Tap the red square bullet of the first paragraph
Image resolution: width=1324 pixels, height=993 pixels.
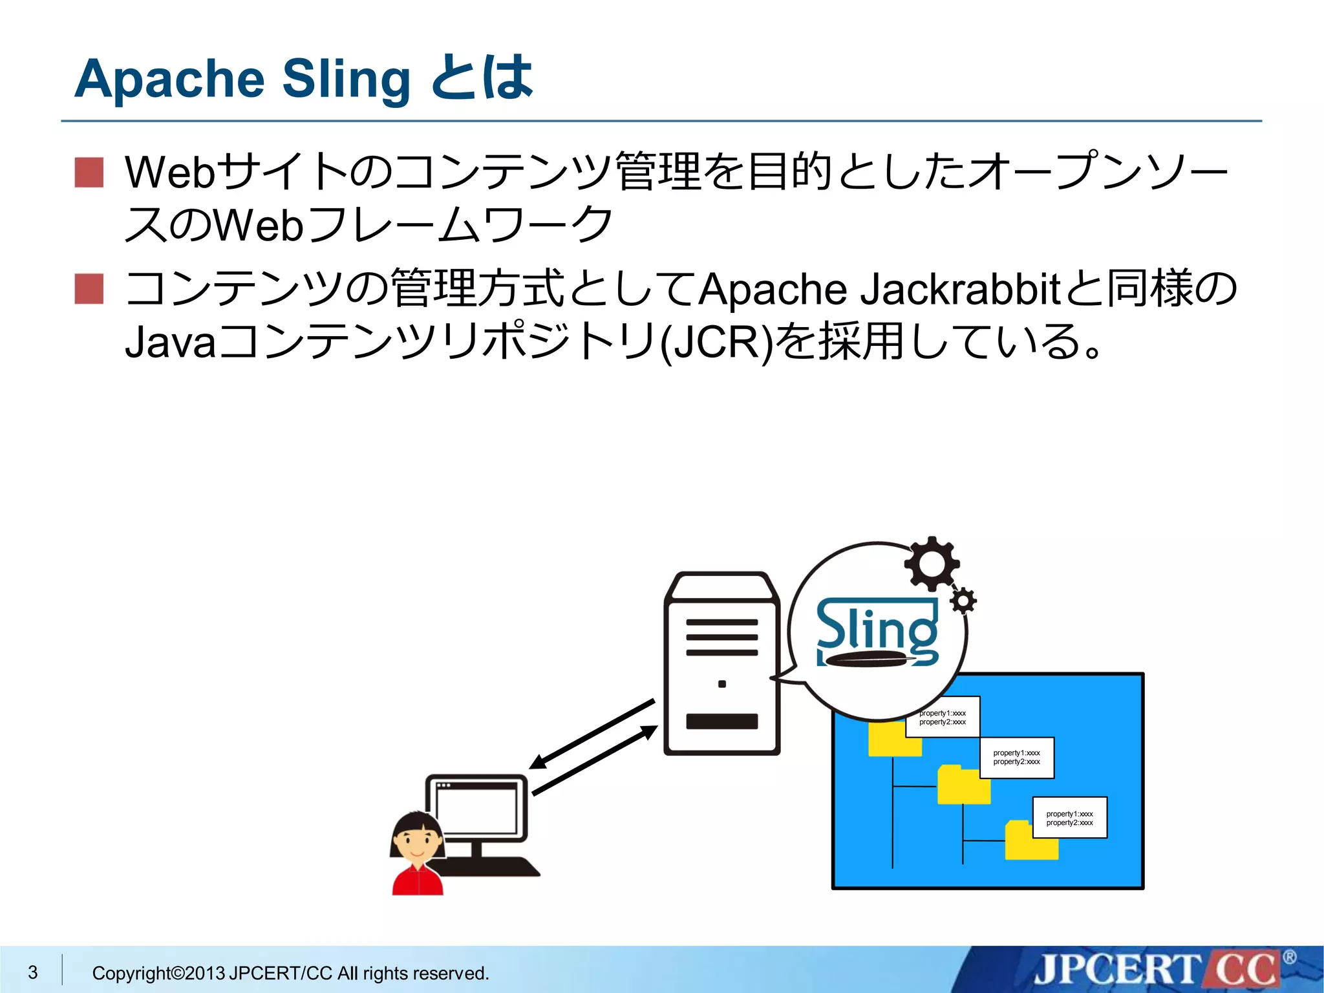(x=89, y=173)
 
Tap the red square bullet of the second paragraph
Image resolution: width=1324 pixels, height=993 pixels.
(x=89, y=288)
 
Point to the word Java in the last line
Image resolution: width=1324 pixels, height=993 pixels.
(x=169, y=342)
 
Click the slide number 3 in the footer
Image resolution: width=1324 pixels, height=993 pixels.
(x=33, y=972)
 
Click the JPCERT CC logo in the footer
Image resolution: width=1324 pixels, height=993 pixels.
(x=1157, y=970)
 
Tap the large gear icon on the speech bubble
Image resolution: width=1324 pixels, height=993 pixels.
(x=932, y=564)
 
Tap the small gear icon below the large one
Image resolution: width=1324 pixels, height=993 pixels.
(x=963, y=601)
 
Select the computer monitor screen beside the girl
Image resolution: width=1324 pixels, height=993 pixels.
(x=477, y=808)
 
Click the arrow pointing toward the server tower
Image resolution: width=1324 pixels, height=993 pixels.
(x=595, y=760)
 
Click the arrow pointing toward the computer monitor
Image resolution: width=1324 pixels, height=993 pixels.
(x=592, y=734)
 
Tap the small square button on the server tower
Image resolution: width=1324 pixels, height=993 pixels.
(x=722, y=684)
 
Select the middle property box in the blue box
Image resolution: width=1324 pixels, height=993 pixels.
(x=1016, y=757)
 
